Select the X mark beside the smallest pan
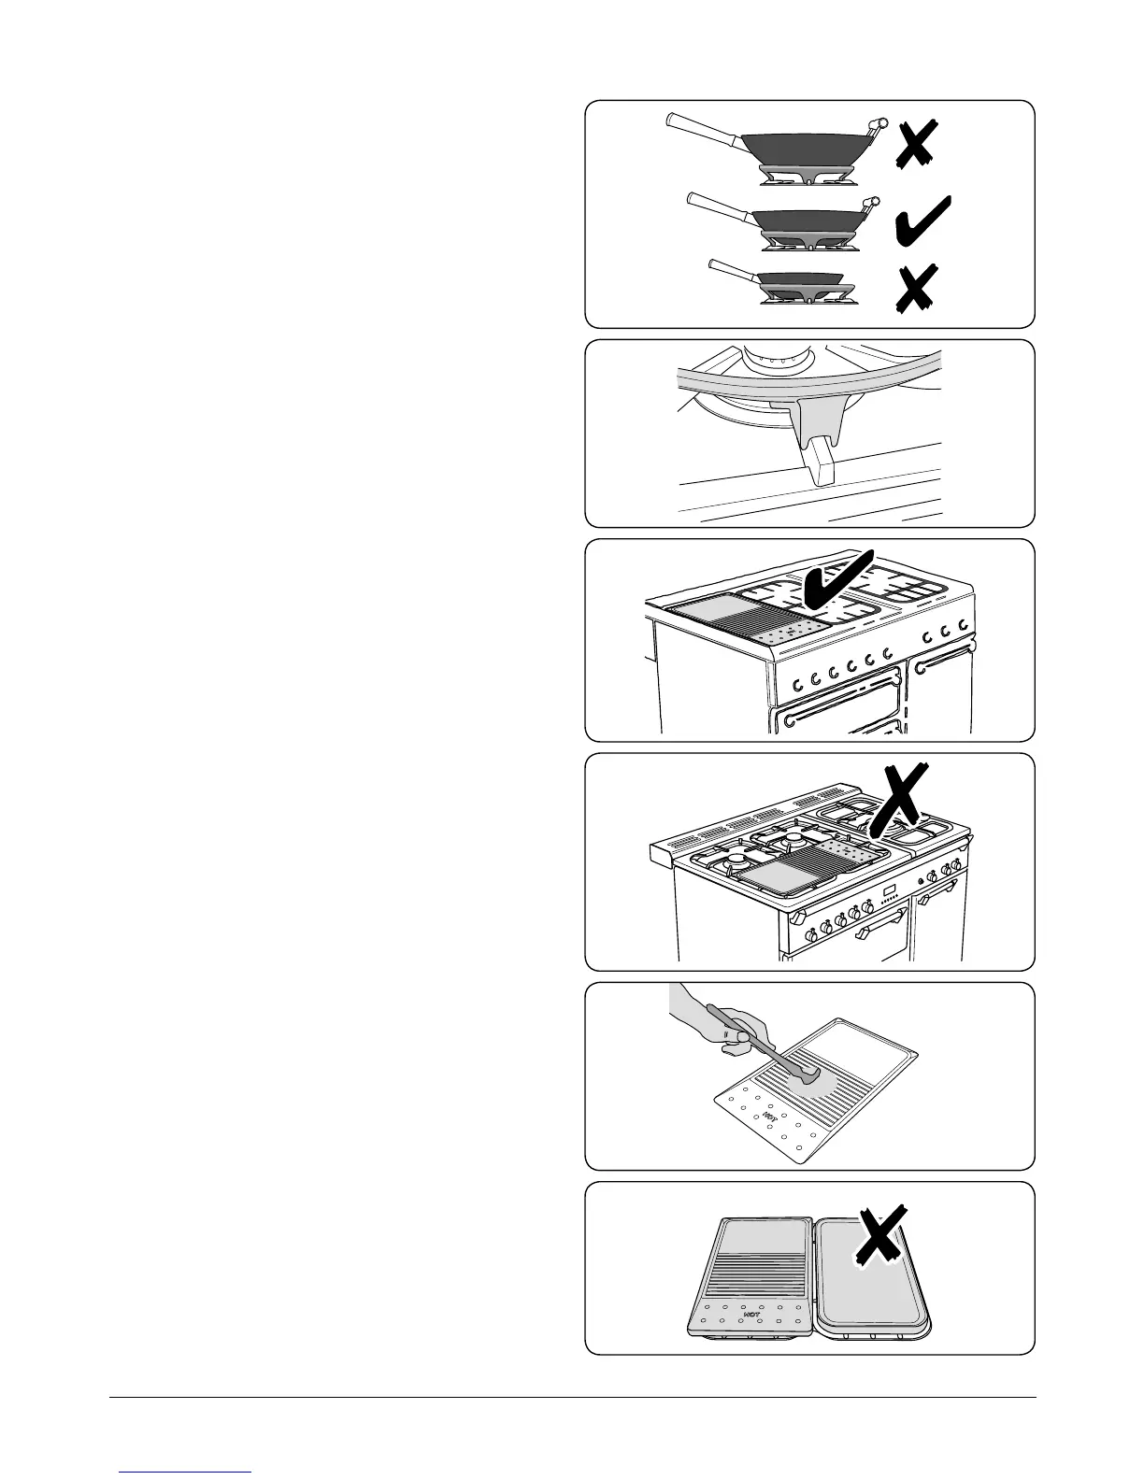[x=915, y=289]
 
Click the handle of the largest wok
[x=701, y=127]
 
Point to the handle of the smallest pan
[x=733, y=270]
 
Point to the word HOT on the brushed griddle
[x=769, y=1116]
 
